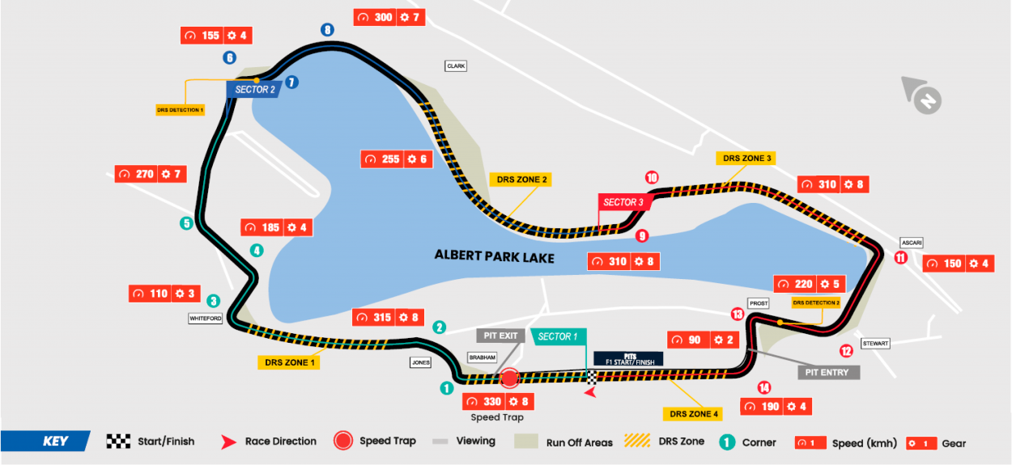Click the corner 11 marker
900,258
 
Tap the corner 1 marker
446,388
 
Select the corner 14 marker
763,387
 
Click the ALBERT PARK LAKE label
495,256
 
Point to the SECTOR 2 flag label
255,89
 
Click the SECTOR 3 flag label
624,202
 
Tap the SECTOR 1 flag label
558,336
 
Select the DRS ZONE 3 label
746,159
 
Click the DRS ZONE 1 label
287,362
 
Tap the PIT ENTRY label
828,372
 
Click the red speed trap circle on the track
509,378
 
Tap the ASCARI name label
911,243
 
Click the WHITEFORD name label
206,319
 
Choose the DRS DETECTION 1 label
180,109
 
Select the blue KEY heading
55,442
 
